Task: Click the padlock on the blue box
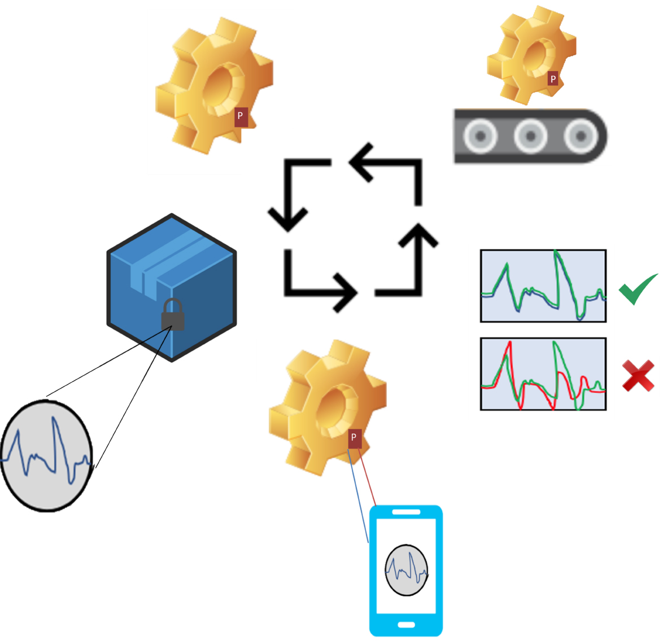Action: click(x=173, y=315)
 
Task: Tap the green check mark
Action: click(x=638, y=288)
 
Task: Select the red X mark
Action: click(x=638, y=376)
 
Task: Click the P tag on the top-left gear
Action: click(x=241, y=116)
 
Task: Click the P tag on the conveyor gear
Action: click(x=553, y=79)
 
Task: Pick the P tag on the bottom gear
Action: click(x=354, y=438)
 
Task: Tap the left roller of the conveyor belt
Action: click(x=480, y=136)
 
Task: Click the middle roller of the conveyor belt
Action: click(x=530, y=136)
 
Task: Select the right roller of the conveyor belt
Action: click(x=580, y=136)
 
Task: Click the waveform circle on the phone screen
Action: click(x=406, y=570)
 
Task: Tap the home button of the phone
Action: click(x=406, y=625)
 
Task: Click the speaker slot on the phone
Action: click(x=406, y=512)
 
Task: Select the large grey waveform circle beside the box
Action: click(x=46, y=456)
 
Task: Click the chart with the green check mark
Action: click(x=543, y=286)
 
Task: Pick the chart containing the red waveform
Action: click(x=543, y=374)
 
